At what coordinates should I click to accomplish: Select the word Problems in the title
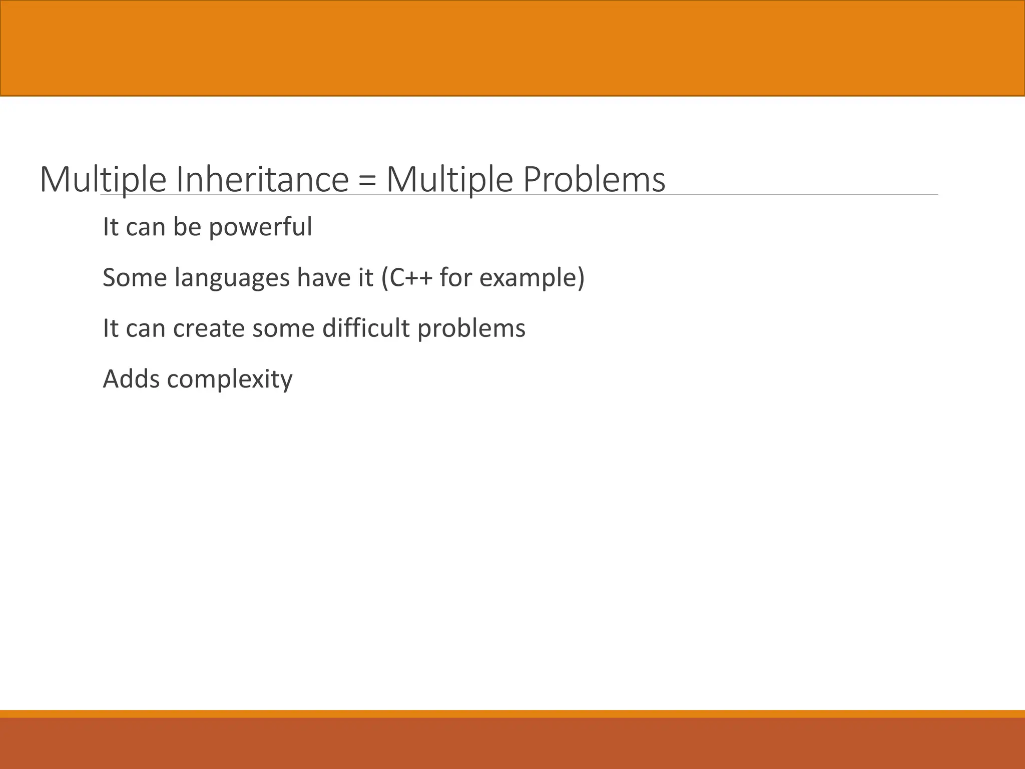pyautogui.click(x=594, y=179)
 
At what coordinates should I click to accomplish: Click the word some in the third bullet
pyautogui.click(x=283, y=329)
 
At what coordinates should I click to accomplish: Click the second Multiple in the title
pyautogui.click(x=449, y=179)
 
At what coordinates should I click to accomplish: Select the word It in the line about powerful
pyautogui.click(x=111, y=227)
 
